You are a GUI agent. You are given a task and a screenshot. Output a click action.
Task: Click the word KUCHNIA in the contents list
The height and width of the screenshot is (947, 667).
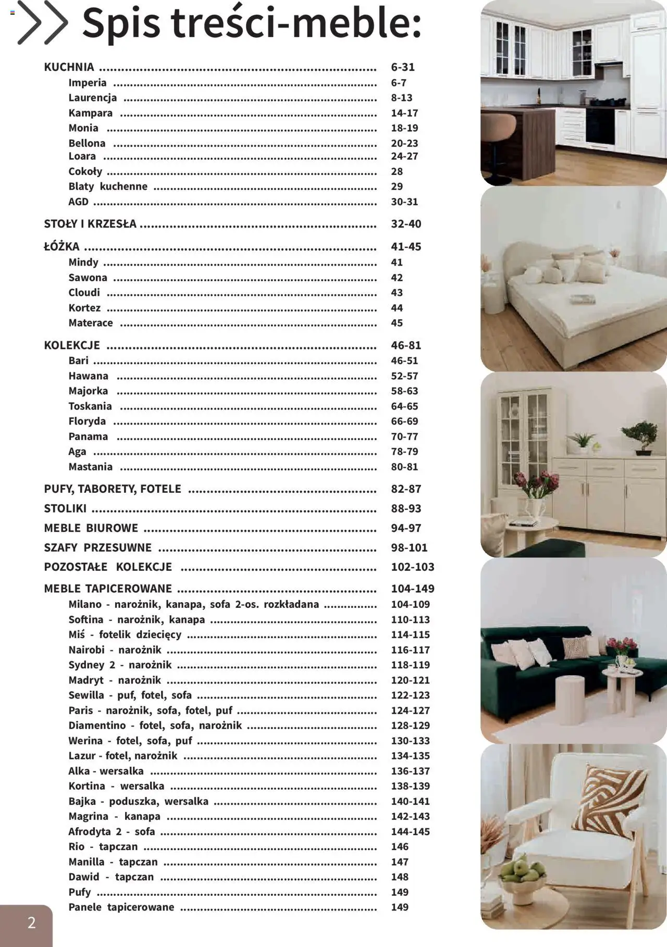coord(69,67)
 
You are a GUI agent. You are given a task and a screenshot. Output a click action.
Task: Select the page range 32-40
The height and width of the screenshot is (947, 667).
coord(406,224)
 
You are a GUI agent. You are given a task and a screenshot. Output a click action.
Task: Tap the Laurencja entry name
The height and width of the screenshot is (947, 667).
coord(93,98)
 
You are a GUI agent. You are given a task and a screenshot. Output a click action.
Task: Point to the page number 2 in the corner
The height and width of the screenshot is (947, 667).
coord(31,923)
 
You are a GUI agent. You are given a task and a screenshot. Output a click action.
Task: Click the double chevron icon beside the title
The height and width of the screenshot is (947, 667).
coord(43,23)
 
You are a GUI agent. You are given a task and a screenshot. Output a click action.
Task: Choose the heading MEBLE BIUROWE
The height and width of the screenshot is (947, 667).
coord(91,528)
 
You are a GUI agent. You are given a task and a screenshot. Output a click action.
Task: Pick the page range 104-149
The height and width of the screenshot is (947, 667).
coord(412,589)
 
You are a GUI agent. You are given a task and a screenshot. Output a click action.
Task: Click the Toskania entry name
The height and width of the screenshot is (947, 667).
coord(90,406)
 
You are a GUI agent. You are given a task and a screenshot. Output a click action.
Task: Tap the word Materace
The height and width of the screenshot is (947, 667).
coord(91,323)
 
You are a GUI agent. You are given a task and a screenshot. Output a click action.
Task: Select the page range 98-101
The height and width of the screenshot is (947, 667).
coord(409,547)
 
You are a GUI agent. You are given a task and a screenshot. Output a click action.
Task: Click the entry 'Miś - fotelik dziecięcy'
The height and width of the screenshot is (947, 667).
coord(125,634)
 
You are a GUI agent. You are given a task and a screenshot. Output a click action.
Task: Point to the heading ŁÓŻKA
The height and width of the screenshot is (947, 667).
coord(61,247)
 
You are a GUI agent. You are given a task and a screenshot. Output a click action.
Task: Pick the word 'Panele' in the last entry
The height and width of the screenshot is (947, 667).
coord(85,907)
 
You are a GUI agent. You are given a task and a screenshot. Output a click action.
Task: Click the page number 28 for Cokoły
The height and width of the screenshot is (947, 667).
coord(397,171)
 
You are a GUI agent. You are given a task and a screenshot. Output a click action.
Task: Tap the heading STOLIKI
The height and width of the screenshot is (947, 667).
coord(65,508)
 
